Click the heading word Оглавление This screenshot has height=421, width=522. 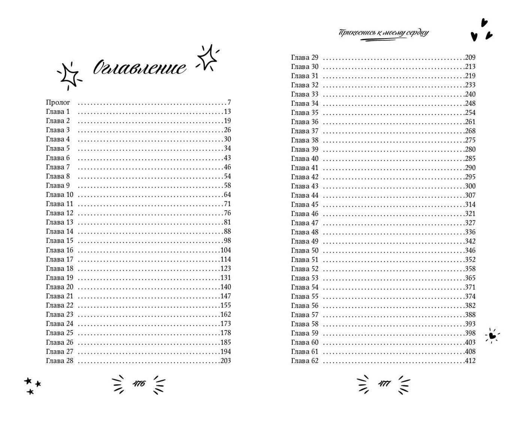(139, 68)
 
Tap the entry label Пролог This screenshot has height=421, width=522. (58, 103)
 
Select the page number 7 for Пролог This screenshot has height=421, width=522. (229, 103)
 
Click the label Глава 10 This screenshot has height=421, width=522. (60, 195)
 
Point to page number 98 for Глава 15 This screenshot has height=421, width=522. (227, 241)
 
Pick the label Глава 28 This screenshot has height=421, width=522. (60, 361)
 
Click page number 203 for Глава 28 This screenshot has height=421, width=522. (225, 361)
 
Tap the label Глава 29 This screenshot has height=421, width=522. (305, 57)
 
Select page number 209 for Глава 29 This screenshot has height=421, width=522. (470, 57)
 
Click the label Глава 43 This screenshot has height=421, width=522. (305, 186)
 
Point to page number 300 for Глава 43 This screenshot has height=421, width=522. (470, 186)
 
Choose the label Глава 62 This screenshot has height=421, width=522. (305, 361)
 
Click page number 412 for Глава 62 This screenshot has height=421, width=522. (470, 361)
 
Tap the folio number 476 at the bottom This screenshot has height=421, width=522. (139, 384)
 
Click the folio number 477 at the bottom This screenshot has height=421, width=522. (384, 384)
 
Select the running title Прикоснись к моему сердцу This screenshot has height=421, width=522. (384, 33)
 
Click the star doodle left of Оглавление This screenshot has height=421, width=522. (69, 75)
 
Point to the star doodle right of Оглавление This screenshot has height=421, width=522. (207, 58)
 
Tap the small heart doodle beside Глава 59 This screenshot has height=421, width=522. (492, 335)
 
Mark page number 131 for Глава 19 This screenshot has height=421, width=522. (225, 278)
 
